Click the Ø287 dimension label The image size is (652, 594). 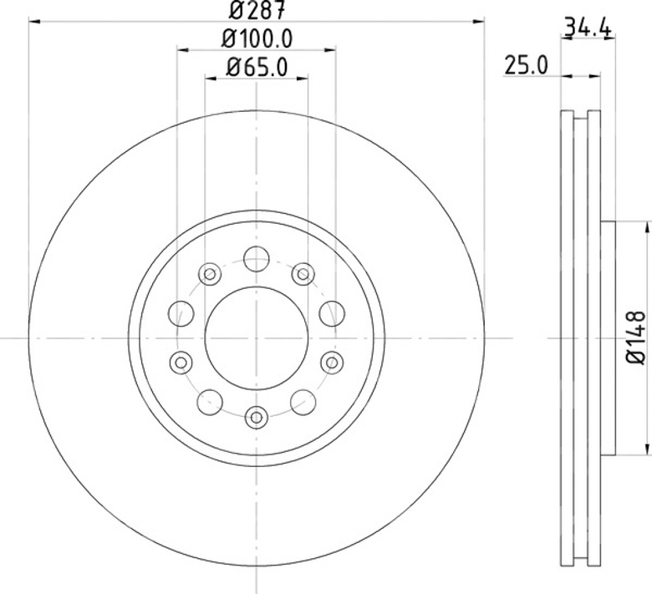[x=257, y=10]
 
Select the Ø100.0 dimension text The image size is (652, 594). [x=257, y=39]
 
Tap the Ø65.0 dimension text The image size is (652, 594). [x=257, y=68]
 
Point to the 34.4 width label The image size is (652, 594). [x=588, y=28]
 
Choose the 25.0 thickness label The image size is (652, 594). [x=527, y=65]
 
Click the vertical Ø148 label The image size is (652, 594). [x=636, y=338]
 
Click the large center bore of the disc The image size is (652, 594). [x=257, y=338]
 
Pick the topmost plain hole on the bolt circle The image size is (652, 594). [x=257, y=259]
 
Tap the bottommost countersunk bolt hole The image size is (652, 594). [x=257, y=417]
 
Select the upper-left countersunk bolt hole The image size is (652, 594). [x=210, y=274]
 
